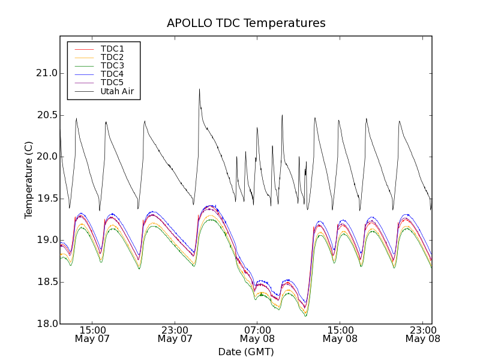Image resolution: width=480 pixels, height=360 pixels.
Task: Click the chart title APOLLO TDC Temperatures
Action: pos(246,23)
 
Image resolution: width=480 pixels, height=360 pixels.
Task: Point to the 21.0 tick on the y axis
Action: pos(46,73)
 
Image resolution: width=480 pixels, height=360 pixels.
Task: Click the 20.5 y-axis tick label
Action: pos(46,115)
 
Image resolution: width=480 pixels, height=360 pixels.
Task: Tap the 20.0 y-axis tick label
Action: pos(46,157)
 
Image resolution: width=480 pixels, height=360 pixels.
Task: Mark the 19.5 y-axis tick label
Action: pos(46,199)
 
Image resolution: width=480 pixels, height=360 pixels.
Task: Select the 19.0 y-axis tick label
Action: pos(46,240)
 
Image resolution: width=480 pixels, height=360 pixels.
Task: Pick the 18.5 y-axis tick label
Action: pos(46,282)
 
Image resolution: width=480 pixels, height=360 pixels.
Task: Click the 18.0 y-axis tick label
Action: pos(46,323)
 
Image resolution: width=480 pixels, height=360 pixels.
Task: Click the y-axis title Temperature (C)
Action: pos(29,180)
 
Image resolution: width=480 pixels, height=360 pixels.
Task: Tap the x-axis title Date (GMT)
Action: pos(246,352)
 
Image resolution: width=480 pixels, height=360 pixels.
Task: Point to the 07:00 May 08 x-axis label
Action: pos(257,334)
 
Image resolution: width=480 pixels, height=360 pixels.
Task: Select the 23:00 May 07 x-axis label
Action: pos(175,334)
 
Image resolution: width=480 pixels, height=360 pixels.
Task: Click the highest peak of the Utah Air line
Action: pos(199,89)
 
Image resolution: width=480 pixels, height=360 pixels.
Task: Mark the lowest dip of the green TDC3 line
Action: pos(305,316)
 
